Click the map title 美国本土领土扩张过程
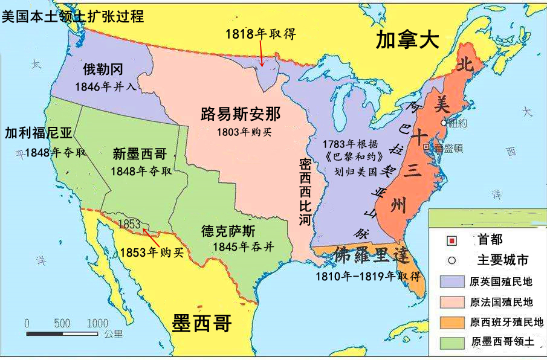pos(73,16)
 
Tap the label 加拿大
pos(406,40)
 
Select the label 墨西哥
pos(202,323)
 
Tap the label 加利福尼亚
pos(37,133)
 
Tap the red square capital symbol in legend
pos(451,241)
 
